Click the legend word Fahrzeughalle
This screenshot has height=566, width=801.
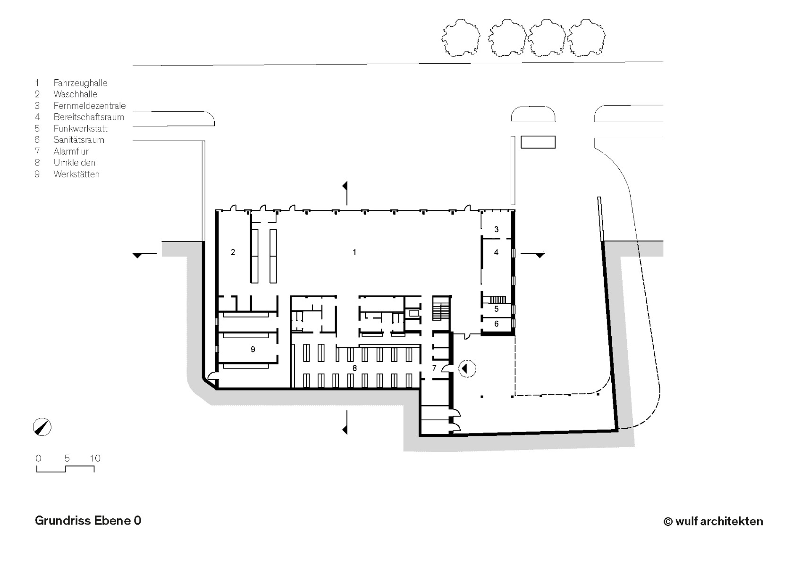pos(80,83)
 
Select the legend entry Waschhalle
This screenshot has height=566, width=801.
pos(75,94)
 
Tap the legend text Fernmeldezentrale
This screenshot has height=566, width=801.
pos(89,106)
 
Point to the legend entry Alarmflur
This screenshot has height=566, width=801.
pos(71,151)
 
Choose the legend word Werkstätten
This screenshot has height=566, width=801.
pos(76,174)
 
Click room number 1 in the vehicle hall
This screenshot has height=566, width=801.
pos(354,252)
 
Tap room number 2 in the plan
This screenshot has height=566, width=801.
pos(233,252)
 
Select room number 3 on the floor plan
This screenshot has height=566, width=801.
pos(496,230)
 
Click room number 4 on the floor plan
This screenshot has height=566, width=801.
pos(496,253)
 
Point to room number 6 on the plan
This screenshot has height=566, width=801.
pos(496,324)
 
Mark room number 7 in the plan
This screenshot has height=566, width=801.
pos(435,368)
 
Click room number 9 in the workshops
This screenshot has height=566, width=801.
pos(253,349)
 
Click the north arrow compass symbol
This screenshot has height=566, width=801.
pos(42,427)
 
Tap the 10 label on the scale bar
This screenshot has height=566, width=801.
pos(95,458)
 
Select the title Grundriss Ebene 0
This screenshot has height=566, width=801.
pos(88,521)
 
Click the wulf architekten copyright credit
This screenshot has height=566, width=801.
pos(713,521)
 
